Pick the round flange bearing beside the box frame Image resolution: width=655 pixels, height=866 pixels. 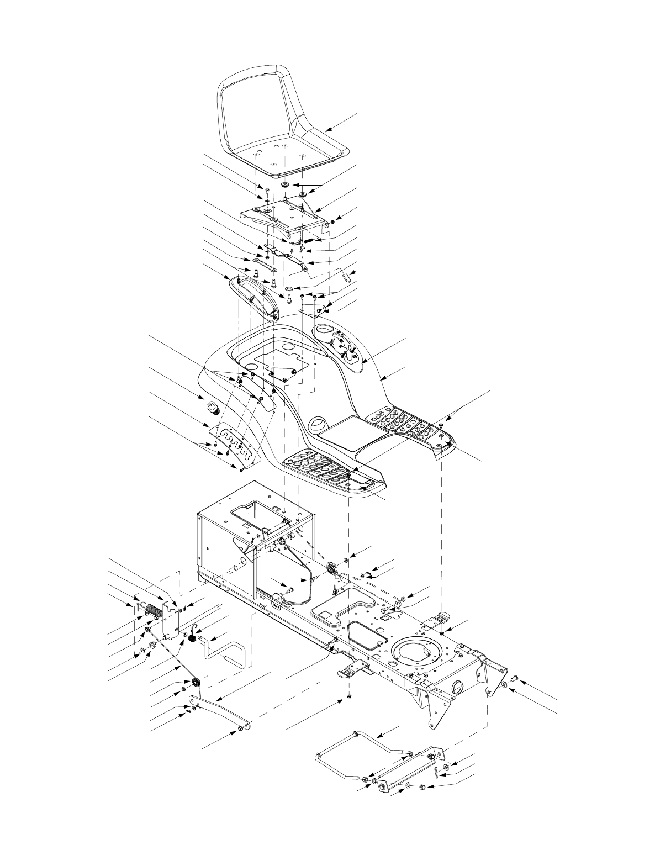pos(333,568)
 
